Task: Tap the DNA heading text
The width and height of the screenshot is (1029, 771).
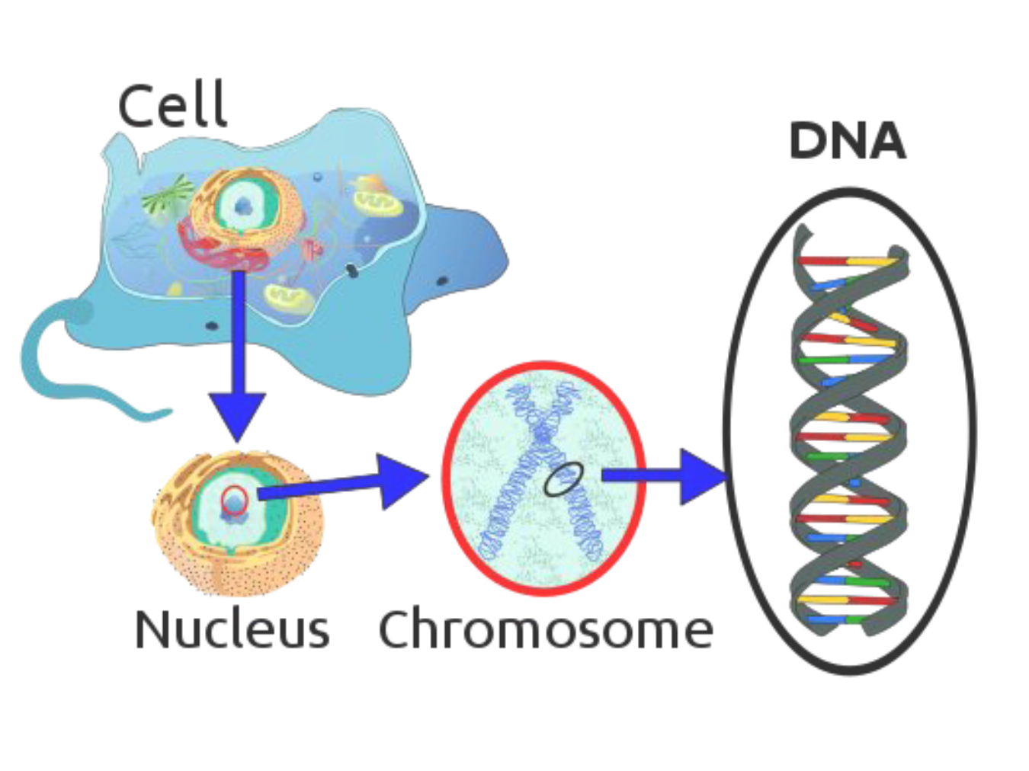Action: pyautogui.click(x=847, y=141)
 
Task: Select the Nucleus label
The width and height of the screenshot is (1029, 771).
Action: pyautogui.click(x=232, y=630)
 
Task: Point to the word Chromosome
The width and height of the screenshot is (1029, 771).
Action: pyautogui.click(x=546, y=631)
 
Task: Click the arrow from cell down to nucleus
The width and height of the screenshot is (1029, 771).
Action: pyautogui.click(x=238, y=358)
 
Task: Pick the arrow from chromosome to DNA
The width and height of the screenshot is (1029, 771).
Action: pyautogui.click(x=663, y=476)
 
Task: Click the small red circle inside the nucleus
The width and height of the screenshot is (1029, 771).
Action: pyautogui.click(x=235, y=500)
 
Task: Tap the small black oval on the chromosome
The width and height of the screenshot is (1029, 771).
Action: pyautogui.click(x=564, y=479)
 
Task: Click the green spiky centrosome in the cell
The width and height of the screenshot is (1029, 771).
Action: pyautogui.click(x=168, y=195)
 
